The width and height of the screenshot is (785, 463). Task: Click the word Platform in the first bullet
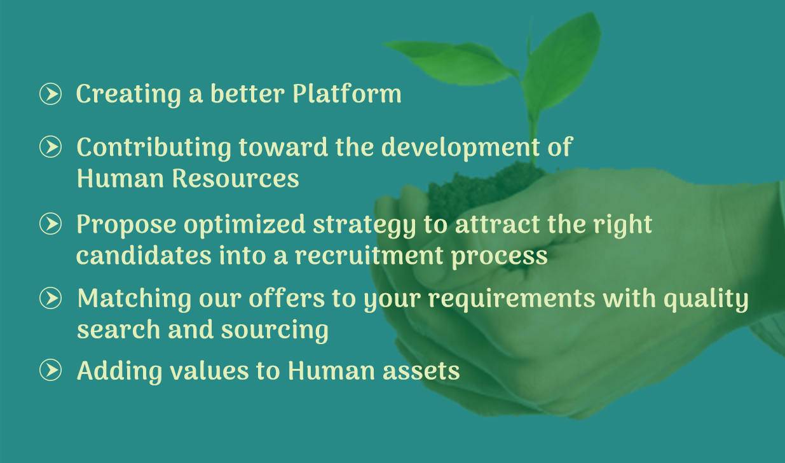pos(347,93)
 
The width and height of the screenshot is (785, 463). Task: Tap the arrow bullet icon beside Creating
pos(50,93)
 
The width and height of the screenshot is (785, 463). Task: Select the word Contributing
pos(154,148)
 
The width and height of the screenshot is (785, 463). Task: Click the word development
pos(461,148)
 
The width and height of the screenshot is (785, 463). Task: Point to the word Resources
pos(235,178)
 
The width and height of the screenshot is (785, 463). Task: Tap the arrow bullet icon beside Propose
pos(50,223)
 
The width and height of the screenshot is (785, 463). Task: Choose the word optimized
pos(245,225)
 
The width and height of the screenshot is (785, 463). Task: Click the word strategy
pos(364,225)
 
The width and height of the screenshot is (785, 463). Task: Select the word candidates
pos(144,255)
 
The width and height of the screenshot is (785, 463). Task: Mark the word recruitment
pos(369,255)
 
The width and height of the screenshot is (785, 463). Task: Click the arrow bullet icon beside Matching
pos(50,298)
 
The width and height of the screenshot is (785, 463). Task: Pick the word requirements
pos(512,300)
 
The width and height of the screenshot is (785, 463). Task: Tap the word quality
pos(706,300)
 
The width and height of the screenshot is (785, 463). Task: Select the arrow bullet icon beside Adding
pos(50,370)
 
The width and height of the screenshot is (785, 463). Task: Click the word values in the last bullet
pos(210,371)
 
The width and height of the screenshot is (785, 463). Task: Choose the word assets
pos(421,371)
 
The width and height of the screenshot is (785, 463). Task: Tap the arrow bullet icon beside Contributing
pos(50,147)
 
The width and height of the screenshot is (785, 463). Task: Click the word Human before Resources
pos(120,178)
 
